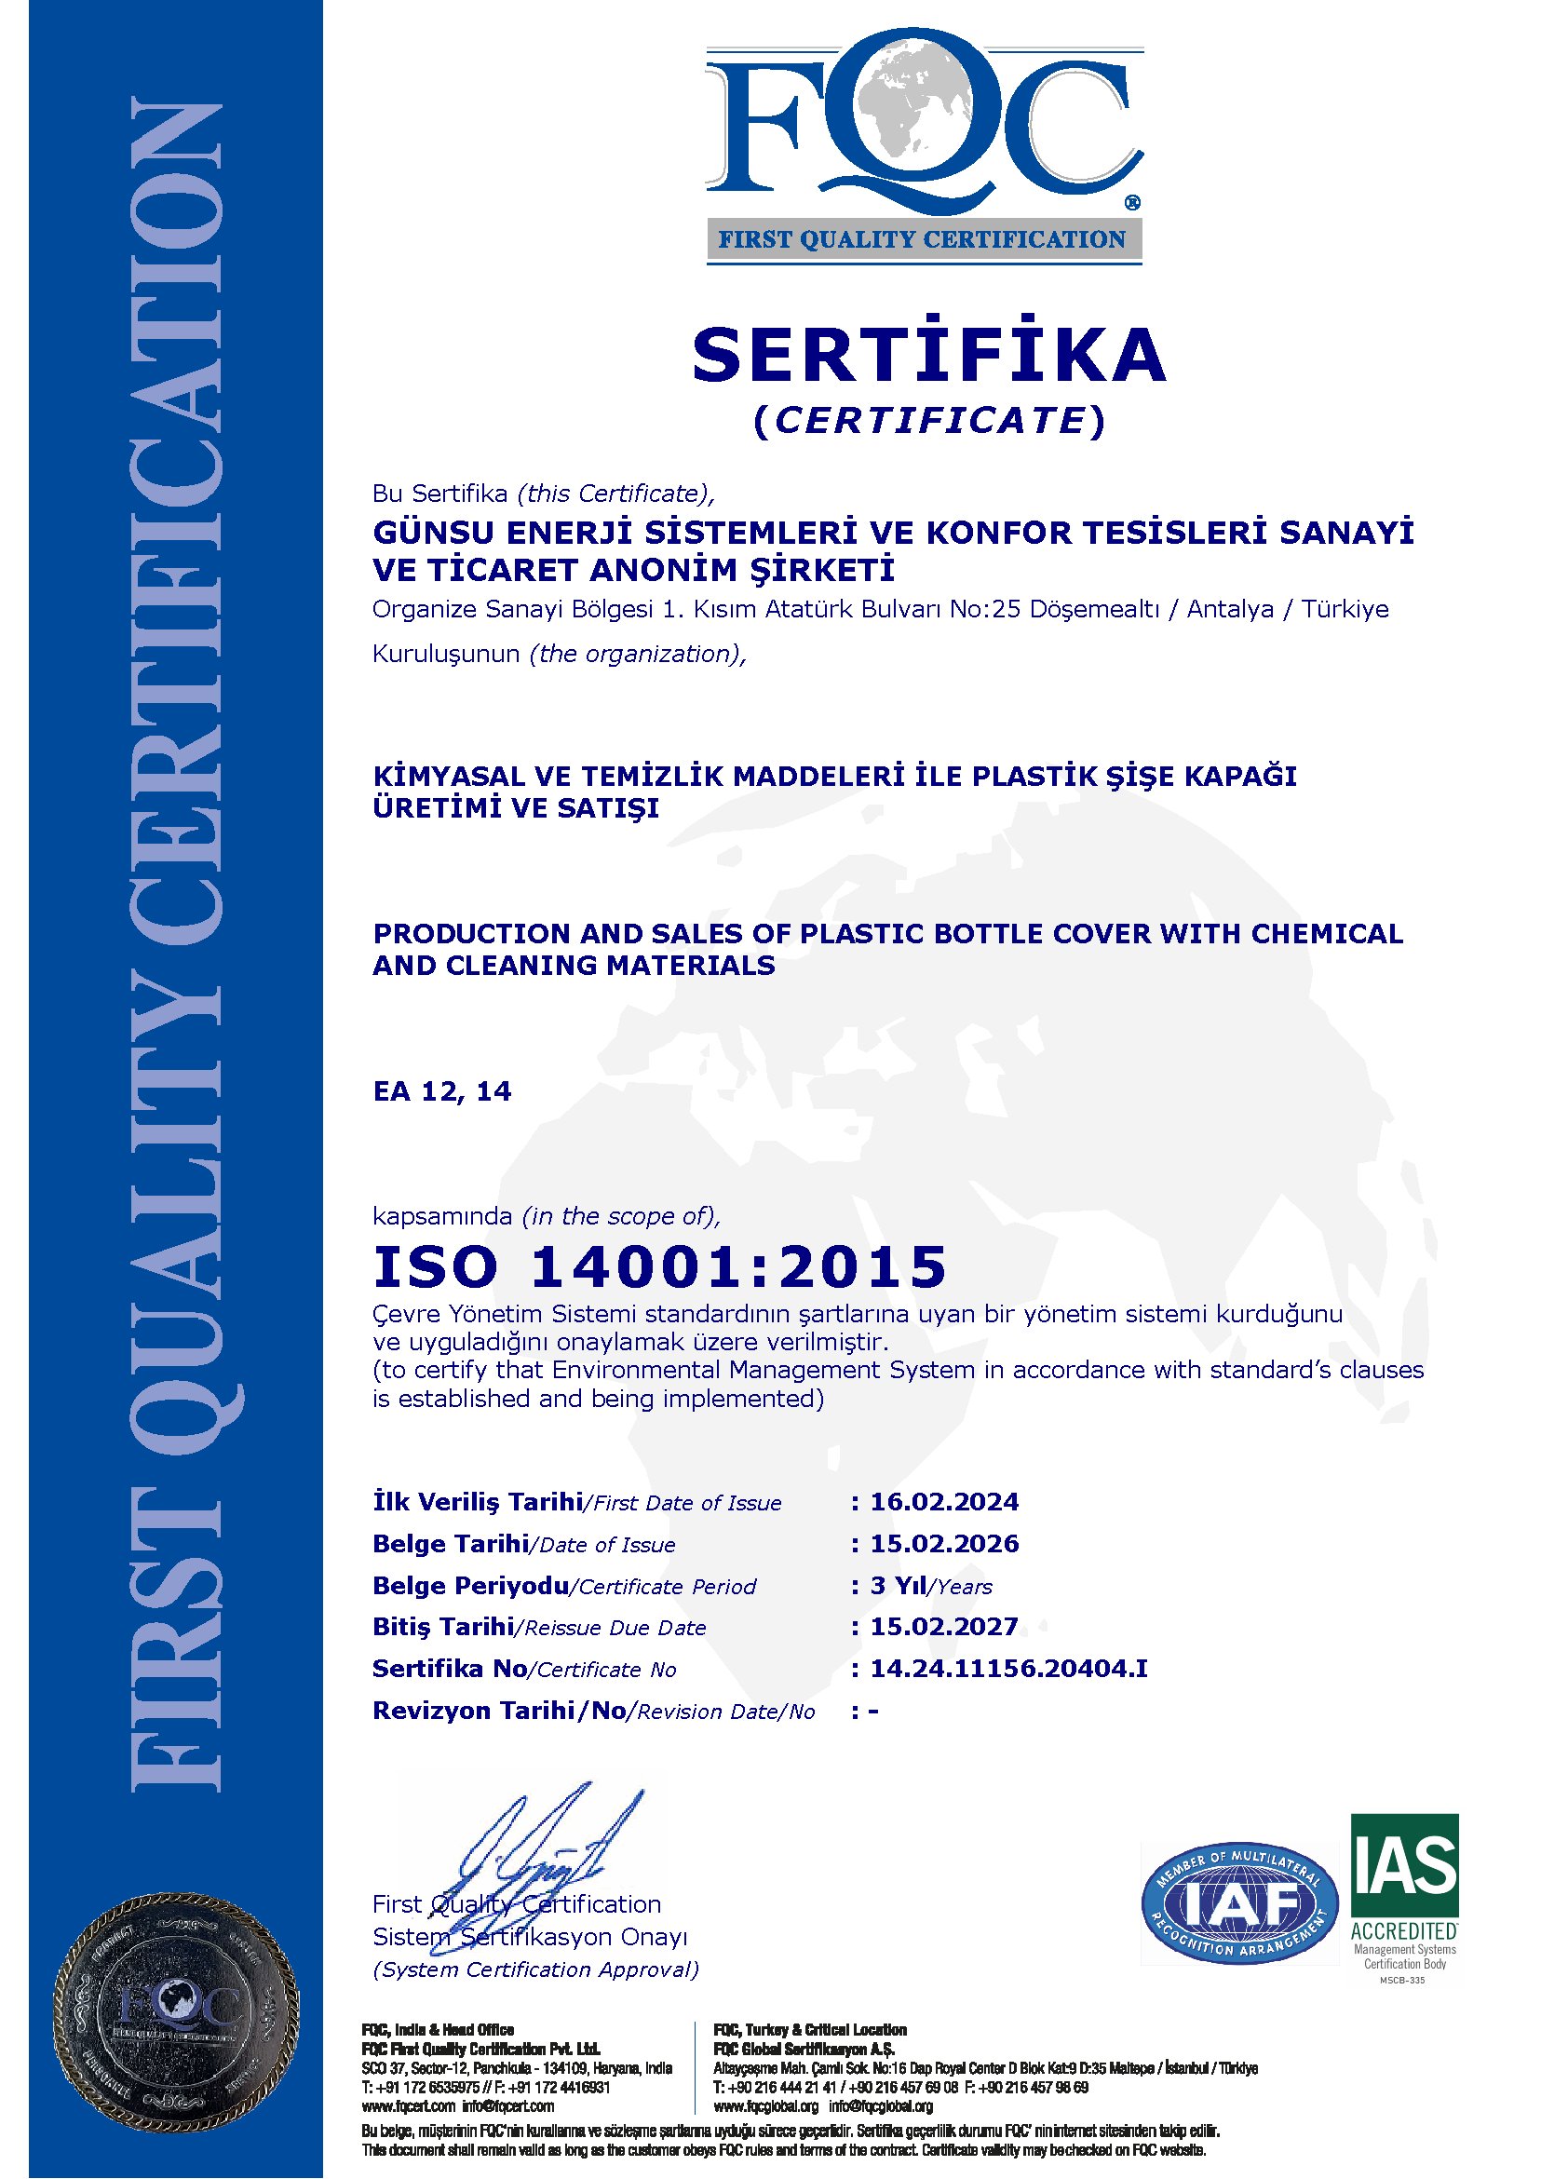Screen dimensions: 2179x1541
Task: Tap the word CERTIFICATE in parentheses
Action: (929, 420)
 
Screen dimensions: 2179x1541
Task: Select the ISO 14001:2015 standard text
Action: (660, 1266)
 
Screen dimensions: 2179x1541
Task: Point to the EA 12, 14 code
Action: (442, 1091)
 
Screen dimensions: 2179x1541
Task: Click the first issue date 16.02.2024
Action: (944, 1502)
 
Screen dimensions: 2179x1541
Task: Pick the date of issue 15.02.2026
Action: (944, 1544)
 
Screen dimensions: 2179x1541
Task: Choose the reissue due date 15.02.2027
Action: (944, 1627)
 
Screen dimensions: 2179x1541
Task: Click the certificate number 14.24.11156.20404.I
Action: (1008, 1669)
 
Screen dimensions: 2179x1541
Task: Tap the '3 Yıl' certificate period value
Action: (899, 1586)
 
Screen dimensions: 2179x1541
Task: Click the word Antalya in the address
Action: (1230, 609)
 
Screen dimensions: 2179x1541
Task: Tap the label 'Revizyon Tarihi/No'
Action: (499, 1711)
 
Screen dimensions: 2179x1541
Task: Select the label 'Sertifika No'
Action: (450, 1669)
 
